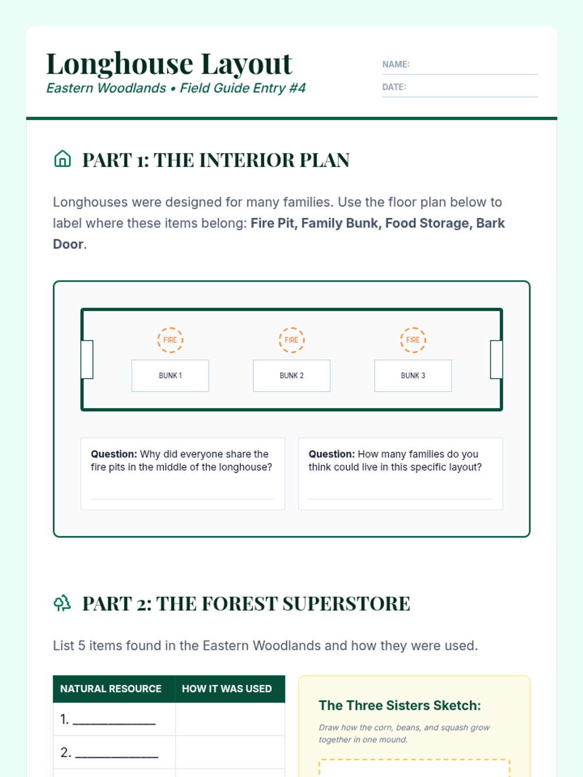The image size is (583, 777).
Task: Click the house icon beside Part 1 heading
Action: click(62, 159)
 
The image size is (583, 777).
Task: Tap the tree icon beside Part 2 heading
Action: click(62, 603)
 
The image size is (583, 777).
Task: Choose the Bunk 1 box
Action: click(170, 375)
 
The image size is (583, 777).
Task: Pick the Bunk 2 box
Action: click(291, 375)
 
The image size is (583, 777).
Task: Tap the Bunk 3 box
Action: click(413, 375)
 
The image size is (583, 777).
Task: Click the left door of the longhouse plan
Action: click(87, 359)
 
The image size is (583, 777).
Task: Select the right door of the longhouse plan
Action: click(496, 359)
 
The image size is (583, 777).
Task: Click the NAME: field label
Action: click(396, 65)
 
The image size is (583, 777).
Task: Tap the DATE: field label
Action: click(394, 87)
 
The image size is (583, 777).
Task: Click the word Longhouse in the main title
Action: click(120, 64)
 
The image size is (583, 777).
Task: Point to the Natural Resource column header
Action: click(111, 689)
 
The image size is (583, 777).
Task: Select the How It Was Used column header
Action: click(227, 689)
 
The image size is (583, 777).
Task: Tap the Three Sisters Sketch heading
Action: click(400, 705)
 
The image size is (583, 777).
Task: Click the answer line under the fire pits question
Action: click(183, 499)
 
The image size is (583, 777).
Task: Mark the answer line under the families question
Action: click(400, 499)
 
